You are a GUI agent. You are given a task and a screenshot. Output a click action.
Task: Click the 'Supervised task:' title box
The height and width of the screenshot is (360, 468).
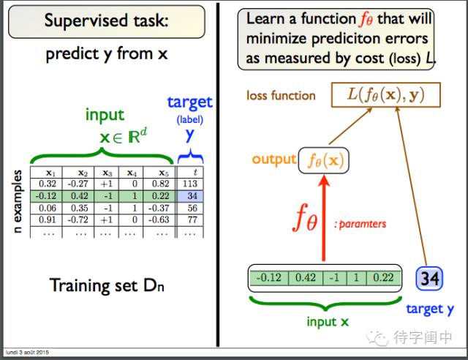coord(107,22)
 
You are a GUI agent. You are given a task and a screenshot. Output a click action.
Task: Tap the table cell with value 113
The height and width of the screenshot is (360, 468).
coord(190,184)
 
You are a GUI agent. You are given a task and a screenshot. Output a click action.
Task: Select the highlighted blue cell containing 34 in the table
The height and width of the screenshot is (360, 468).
coord(190,196)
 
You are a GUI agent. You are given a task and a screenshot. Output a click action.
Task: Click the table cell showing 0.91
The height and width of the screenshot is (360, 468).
coord(47,220)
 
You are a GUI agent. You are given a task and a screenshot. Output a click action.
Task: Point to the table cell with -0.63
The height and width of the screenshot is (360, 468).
coord(159,220)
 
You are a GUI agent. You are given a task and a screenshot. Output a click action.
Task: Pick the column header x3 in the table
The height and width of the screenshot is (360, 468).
coord(107,173)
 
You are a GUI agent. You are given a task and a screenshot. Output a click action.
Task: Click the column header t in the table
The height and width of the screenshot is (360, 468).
coord(190,173)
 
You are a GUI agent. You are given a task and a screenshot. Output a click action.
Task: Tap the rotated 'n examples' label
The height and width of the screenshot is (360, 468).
coord(18,201)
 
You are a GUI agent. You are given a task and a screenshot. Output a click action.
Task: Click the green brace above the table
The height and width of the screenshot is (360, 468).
coord(102,156)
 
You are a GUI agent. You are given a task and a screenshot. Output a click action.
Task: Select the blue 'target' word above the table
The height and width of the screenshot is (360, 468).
coord(190,102)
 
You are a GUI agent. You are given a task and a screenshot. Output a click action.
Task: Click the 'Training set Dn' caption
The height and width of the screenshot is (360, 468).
coord(107,285)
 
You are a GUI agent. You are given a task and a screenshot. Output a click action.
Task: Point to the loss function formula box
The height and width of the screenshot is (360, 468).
coord(386,94)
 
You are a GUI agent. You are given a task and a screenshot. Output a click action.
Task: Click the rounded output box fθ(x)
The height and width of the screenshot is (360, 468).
coord(323,160)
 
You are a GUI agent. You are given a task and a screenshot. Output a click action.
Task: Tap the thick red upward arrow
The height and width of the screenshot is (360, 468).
coord(324,218)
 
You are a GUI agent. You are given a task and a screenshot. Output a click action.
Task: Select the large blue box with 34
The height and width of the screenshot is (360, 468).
coord(429,279)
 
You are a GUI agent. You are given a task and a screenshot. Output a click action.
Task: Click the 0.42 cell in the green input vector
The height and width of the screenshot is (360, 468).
coord(306,277)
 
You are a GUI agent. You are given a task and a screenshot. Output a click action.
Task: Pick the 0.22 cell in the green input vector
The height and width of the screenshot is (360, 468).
coord(383,277)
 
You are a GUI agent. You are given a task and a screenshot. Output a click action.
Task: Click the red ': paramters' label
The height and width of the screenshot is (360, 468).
coord(360,224)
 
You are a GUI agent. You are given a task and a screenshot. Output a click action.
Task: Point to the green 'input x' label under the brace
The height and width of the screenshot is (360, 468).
coord(328,322)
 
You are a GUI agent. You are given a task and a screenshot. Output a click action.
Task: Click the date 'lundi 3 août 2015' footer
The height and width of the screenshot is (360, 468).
coord(27,353)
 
